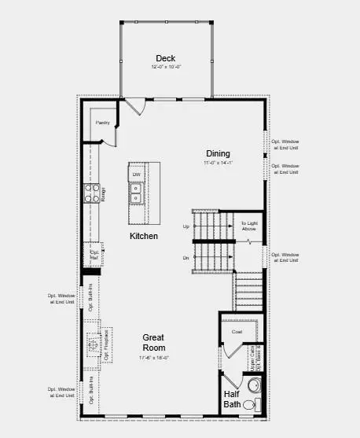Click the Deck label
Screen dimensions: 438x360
tap(165, 58)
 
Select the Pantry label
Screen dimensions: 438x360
tap(102, 123)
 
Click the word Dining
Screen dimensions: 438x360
tap(218, 153)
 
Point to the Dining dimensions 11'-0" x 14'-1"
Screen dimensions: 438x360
tap(218, 163)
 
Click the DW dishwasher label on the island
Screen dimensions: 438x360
tap(136, 175)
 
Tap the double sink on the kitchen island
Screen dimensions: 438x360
tap(136, 193)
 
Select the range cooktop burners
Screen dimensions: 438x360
tap(94, 194)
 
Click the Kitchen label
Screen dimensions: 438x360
tap(144, 236)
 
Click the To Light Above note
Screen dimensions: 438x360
tap(248, 226)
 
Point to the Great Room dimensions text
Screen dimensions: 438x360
tap(153, 358)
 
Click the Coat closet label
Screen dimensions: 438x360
tap(237, 332)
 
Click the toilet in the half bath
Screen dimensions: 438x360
tap(250, 404)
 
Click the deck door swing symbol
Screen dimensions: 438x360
tap(134, 106)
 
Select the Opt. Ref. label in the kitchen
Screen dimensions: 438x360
tap(94, 255)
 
